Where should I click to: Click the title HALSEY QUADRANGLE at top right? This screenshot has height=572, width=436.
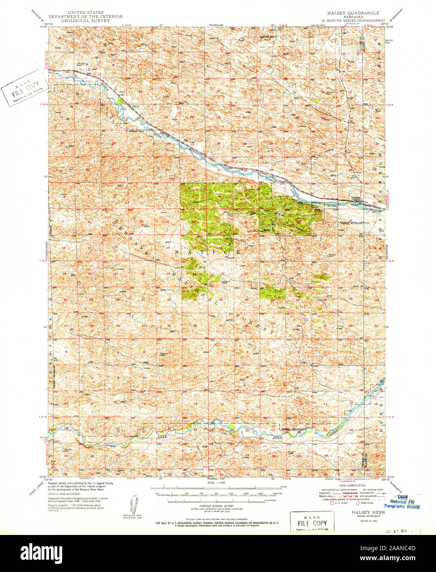click(x=353, y=13)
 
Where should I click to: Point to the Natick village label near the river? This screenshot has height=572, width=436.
click(x=136, y=106)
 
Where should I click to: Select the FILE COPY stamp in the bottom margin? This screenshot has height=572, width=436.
click(x=312, y=522)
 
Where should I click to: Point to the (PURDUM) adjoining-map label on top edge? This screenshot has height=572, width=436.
click(x=216, y=25)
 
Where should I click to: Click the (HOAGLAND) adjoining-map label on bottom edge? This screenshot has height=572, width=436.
click(x=216, y=479)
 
